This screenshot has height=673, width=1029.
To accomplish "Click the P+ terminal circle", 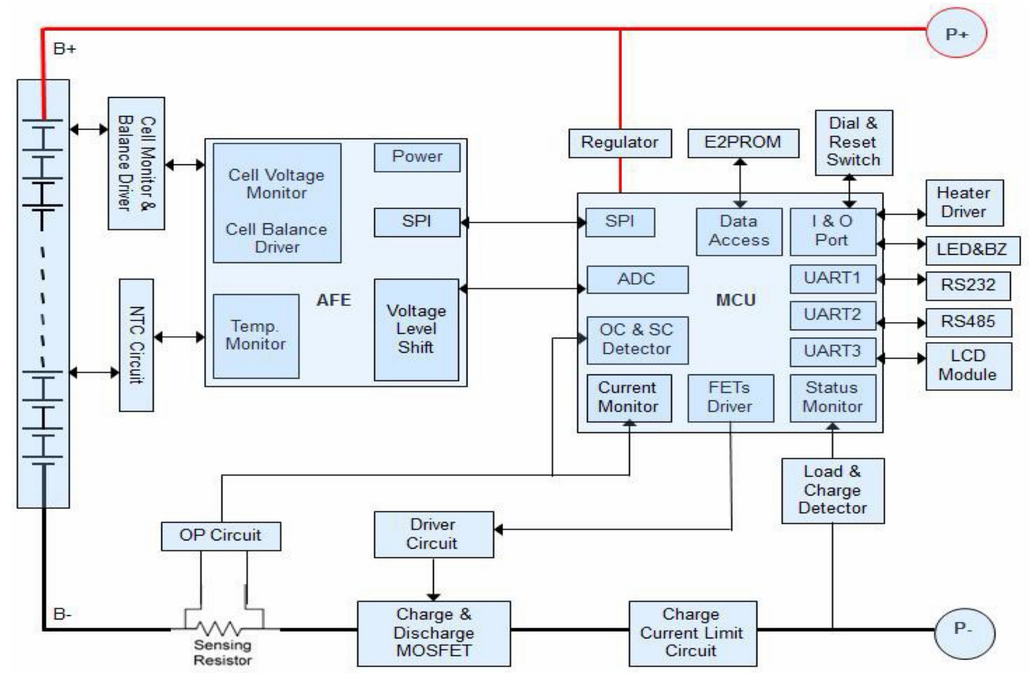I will coord(956,33).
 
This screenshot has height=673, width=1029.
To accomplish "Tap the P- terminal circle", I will coord(965,632).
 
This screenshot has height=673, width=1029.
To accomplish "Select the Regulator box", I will coord(620,143).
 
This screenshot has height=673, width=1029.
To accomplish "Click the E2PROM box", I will coord(743,143).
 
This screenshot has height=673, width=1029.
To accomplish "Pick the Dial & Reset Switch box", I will coord(854,142).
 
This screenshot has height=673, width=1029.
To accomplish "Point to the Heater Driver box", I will coord(964,202).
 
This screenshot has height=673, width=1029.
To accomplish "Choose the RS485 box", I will coord(968,322).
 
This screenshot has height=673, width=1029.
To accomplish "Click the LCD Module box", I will coord(968,366).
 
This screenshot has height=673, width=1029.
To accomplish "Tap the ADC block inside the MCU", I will coord(637,279).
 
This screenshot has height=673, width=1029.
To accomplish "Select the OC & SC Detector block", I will coord(637,340).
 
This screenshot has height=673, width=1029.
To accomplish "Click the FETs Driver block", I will coord(730,398).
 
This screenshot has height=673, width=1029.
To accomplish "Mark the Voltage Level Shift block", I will coord(416,329).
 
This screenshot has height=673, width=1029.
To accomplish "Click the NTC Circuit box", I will coord(136,345).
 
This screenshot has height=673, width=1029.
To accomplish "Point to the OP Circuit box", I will coord(221,536).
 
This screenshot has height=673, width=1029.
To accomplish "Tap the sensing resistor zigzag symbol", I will coord(222,628).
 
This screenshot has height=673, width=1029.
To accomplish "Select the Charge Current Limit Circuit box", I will coord(692,633).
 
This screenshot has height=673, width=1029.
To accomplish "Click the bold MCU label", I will coord(736,300).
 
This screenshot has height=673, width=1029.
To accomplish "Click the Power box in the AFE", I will coord(417,157).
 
